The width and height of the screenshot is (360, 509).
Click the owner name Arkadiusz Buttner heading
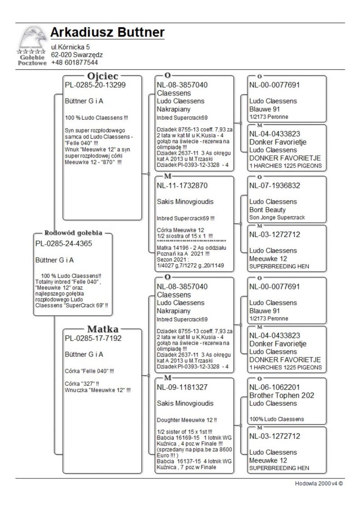point(107,33)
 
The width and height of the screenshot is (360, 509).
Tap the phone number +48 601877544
point(74,63)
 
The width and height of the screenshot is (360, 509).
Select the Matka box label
point(103,329)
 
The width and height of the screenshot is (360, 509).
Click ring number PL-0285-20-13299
point(95,86)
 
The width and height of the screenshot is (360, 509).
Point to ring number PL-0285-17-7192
point(93,338)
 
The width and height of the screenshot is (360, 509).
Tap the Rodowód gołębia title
point(73,233)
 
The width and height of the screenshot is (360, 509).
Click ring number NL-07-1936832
point(274,185)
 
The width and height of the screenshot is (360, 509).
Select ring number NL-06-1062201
point(274,387)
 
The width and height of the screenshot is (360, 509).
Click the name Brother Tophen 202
point(282,396)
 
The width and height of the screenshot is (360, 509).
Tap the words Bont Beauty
point(267,210)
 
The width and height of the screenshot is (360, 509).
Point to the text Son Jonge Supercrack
point(277,218)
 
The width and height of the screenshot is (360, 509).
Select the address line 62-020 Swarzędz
point(77,55)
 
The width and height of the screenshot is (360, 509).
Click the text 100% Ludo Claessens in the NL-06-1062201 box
point(276,419)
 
